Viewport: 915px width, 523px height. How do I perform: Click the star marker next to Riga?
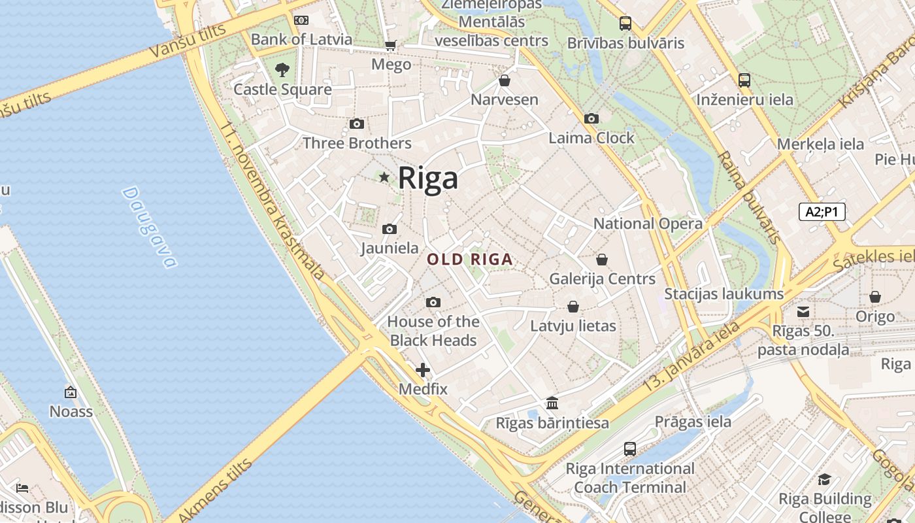coord(384,177)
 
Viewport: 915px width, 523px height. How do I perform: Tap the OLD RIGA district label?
coord(470,260)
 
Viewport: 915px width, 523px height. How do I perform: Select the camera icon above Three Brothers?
coord(357,124)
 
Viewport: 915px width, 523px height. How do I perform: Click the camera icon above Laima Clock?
coord(591,118)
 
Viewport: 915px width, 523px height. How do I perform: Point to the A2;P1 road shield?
coord(822,212)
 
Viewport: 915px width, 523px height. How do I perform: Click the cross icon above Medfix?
coord(423,370)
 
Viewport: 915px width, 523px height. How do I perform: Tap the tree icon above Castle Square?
coord(282,69)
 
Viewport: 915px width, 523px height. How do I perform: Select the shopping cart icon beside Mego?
coord(390,45)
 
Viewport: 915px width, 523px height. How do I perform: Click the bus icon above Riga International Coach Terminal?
coord(630,449)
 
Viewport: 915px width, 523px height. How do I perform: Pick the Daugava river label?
coord(150,228)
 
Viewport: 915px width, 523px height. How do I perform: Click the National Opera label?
coord(648,224)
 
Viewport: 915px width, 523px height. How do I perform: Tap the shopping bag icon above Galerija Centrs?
coord(602,260)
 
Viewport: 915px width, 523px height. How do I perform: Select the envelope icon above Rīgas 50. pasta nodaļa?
coord(803,312)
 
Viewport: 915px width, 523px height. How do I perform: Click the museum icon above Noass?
coord(71,392)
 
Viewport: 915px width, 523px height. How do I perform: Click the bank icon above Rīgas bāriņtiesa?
coord(552,403)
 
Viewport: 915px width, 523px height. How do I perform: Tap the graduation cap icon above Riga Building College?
coord(825,480)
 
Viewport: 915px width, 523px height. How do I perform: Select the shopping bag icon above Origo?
coord(875,297)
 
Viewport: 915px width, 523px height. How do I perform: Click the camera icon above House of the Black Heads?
coord(433,302)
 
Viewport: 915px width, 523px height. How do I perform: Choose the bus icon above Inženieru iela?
coord(744,80)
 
